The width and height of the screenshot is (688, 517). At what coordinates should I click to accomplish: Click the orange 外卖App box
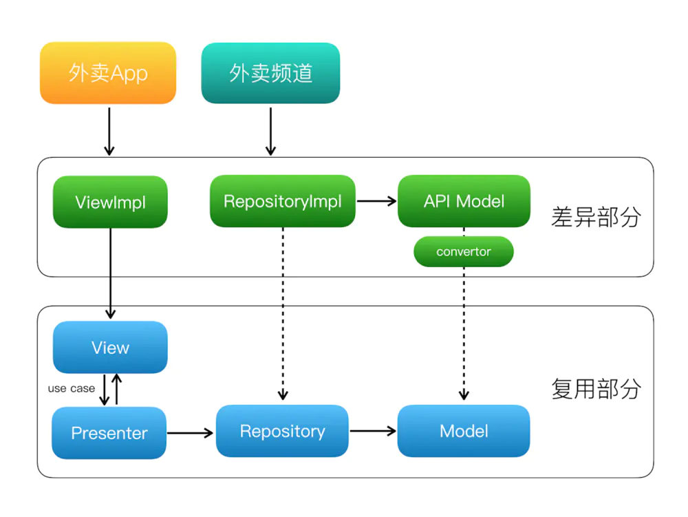click(108, 73)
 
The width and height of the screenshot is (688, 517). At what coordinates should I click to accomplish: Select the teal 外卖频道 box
click(270, 73)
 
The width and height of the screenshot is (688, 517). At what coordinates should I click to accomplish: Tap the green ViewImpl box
click(110, 202)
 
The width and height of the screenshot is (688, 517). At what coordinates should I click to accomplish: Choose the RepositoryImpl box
click(283, 201)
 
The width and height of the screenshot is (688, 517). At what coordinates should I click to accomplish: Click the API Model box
click(464, 201)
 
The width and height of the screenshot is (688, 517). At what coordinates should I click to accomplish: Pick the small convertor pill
click(463, 251)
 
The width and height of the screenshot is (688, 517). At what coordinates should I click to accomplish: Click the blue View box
click(110, 347)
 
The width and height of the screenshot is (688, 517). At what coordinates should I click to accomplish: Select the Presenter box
click(109, 433)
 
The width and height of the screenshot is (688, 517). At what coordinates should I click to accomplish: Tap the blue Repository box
click(282, 431)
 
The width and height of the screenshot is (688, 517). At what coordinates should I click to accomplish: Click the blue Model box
click(464, 431)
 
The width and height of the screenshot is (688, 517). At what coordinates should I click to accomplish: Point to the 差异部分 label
click(596, 217)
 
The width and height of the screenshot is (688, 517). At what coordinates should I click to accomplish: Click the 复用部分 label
click(596, 389)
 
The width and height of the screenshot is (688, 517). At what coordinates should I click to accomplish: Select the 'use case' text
click(71, 388)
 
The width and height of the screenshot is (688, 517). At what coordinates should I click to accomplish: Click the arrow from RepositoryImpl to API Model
click(377, 201)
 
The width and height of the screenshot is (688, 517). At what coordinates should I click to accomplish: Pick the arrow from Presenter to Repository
click(191, 433)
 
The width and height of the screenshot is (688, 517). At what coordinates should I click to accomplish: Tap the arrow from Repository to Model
click(373, 431)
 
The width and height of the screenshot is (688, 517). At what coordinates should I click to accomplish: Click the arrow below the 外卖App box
click(109, 131)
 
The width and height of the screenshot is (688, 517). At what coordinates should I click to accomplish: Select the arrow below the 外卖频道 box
click(270, 131)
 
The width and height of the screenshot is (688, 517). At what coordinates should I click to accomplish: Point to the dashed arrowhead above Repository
click(283, 394)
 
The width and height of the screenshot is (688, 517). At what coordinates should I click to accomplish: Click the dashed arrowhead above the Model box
click(464, 394)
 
